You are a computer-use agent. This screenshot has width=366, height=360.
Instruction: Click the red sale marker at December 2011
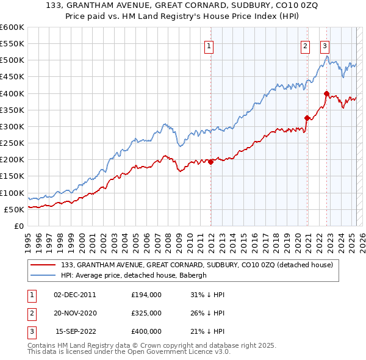[x=211, y=162]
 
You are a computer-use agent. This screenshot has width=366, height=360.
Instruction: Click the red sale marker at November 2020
[x=307, y=118]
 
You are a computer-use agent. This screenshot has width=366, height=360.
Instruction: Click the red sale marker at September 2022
[x=326, y=93]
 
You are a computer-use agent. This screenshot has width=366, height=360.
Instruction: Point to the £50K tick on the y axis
[x=15, y=209]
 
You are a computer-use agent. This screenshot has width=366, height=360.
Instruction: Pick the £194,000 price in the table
[x=146, y=295]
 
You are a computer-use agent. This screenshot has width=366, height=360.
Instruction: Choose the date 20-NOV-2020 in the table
[x=75, y=313]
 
